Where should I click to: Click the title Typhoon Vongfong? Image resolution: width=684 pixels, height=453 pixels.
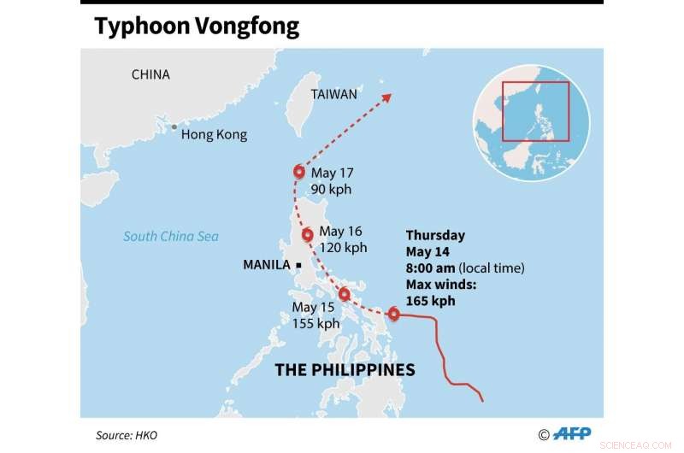(x=197, y=26)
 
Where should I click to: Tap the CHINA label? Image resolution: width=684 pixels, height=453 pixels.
(x=150, y=75)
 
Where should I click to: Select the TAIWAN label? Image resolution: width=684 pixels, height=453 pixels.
(x=333, y=94)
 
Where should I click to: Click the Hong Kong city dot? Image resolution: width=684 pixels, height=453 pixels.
(x=174, y=127)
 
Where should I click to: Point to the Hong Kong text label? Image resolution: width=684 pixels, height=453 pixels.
(x=214, y=134)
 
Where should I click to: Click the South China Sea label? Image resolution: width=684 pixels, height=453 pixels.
(x=171, y=237)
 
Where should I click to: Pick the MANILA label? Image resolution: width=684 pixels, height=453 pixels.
(x=267, y=265)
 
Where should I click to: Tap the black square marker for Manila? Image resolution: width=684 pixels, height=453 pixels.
(x=299, y=266)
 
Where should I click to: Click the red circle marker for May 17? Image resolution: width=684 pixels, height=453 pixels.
(x=299, y=172)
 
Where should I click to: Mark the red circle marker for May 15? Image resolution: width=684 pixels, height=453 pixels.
(x=345, y=295)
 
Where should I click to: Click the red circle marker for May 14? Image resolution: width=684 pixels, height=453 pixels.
(x=393, y=314)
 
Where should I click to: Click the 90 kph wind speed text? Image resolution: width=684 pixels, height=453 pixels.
(x=331, y=189)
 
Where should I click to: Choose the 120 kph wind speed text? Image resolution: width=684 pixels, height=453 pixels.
(x=342, y=248)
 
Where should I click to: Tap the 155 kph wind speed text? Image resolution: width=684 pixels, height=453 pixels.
(x=315, y=323)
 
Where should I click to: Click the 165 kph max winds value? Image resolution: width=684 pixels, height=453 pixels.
(x=430, y=301)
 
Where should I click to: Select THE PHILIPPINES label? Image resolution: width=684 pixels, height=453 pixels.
(x=345, y=370)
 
